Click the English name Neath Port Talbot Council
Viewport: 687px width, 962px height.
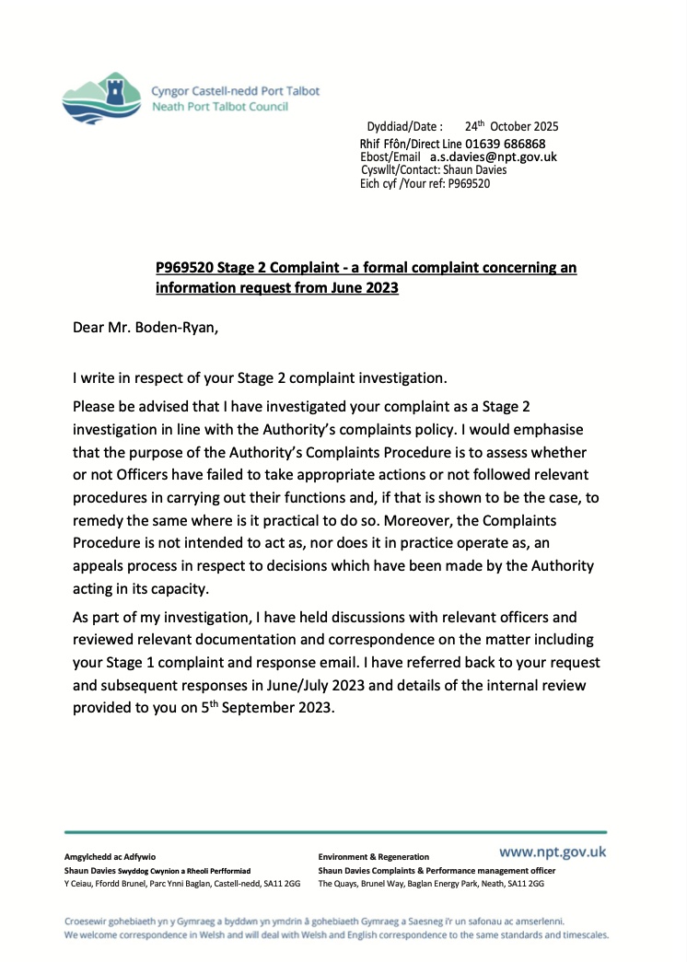219,107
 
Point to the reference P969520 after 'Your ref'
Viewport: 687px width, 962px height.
469,183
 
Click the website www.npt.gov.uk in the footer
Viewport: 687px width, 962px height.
553,852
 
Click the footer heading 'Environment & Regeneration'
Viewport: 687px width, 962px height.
373,857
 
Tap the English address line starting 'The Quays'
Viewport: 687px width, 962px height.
431,884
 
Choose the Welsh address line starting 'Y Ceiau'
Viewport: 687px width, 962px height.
182,884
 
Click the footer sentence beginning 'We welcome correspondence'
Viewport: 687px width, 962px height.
337,934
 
